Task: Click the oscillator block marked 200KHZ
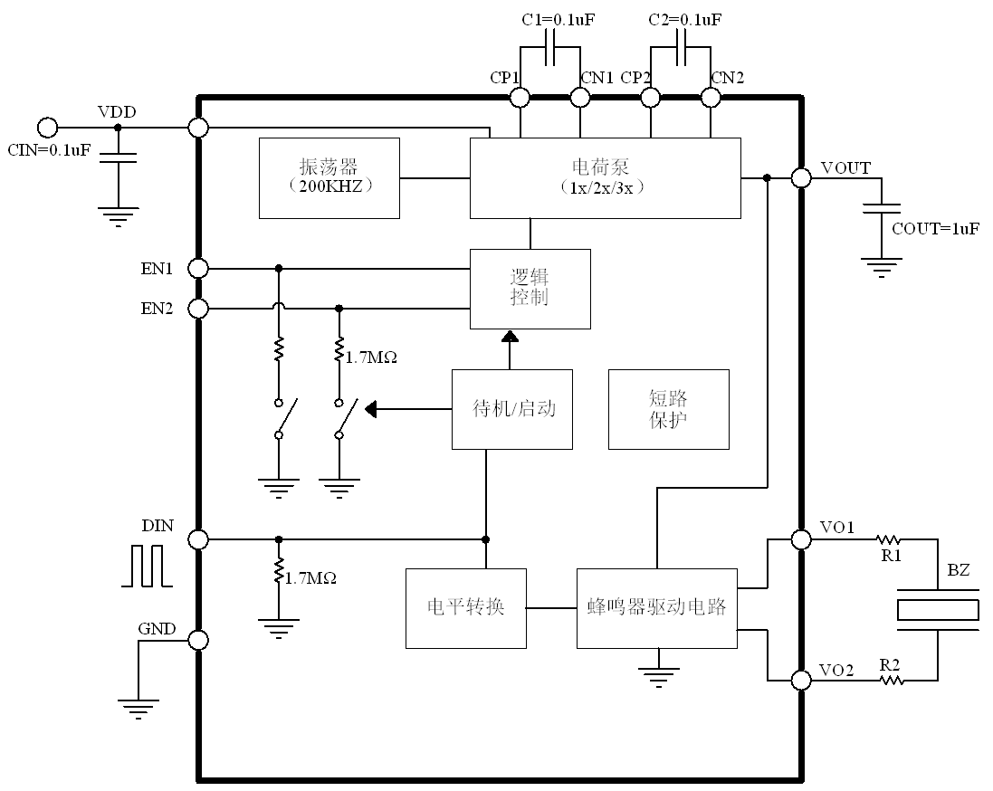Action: point(329,178)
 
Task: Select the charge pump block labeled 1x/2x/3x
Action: point(606,178)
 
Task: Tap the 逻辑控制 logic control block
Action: point(530,289)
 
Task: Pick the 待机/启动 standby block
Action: point(512,409)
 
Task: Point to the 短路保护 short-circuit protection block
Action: point(669,409)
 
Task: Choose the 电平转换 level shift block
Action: point(466,608)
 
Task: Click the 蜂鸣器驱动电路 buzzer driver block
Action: point(657,608)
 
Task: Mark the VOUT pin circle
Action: point(801,178)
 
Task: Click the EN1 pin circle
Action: point(199,269)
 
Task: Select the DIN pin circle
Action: point(199,539)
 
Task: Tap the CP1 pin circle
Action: point(520,98)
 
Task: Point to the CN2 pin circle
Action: point(711,98)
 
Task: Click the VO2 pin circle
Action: point(801,681)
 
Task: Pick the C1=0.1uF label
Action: point(558,20)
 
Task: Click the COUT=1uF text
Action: point(935,229)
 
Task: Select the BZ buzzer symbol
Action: point(938,610)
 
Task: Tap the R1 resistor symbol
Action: point(889,539)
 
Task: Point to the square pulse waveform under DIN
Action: point(147,566)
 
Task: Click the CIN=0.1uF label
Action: point(49,150)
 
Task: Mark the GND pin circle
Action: point(199,640)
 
